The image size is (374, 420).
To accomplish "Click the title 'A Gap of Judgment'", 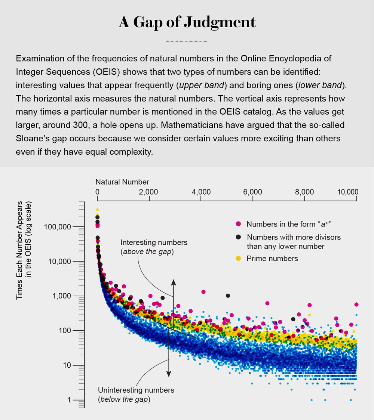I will click(187, 22).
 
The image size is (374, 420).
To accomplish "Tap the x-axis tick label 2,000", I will click(149, 192).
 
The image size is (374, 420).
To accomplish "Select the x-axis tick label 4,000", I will click(201, 192).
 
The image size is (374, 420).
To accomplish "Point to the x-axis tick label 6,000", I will click(252, 192).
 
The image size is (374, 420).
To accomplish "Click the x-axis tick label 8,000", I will click(304, 192).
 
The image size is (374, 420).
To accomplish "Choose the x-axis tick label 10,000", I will click(347, 192).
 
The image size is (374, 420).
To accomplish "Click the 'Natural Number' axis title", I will click(122, 182).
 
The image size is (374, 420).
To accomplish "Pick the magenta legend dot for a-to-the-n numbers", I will click(238, 224).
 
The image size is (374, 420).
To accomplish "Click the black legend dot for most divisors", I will click(238, 237).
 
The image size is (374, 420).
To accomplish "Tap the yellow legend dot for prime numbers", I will click(238, 258).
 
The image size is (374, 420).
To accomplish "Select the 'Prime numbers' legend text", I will click(272, 258).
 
